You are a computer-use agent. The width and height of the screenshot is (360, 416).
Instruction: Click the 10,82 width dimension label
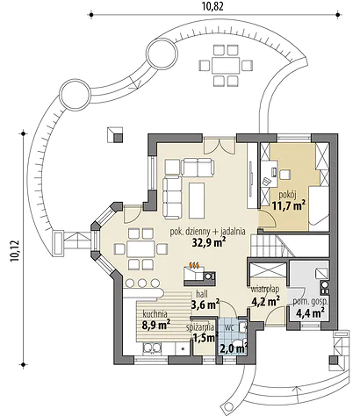212,6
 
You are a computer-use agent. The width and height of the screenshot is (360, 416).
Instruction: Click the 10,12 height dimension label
15,251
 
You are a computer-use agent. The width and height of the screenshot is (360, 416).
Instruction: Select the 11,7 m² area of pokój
289,205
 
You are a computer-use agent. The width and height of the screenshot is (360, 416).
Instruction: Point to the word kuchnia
155,314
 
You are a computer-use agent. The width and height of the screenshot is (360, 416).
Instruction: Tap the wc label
229,327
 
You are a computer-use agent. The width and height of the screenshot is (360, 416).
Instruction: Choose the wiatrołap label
265,289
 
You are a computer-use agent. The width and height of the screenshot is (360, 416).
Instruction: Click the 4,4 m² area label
310,313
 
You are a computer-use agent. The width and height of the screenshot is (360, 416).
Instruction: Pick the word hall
202,294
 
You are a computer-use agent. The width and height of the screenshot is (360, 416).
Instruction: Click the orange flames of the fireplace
194,265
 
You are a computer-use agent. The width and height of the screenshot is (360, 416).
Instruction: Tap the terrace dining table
226,65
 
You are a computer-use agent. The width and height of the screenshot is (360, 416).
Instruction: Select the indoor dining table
140,249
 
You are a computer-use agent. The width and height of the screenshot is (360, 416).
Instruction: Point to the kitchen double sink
152,348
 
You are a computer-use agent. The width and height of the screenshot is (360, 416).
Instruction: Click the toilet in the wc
237,346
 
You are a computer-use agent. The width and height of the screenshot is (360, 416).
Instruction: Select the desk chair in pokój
284,175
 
